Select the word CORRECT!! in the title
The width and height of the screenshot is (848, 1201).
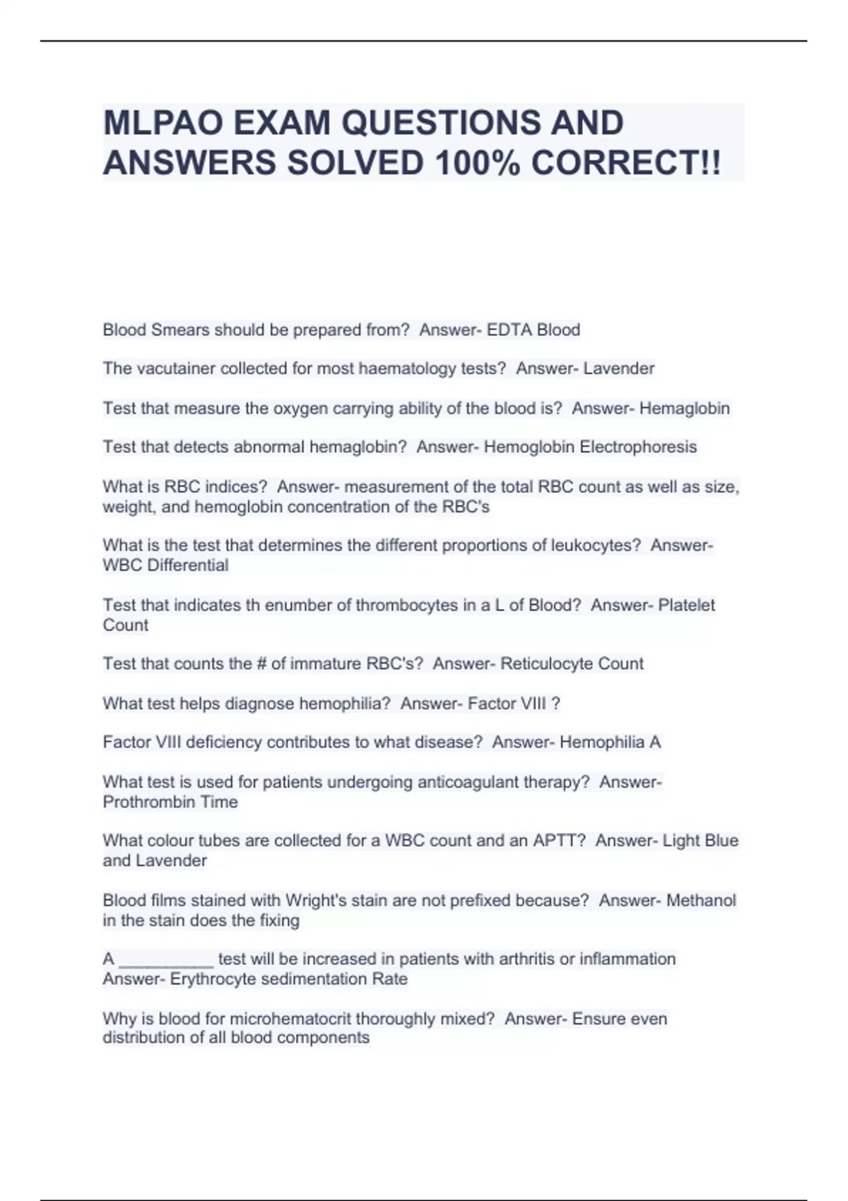tap(626, 163)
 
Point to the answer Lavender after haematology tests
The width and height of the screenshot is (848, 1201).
tap(619, 369)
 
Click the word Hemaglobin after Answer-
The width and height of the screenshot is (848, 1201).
tap(684, 408)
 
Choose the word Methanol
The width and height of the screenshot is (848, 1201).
tap(701, 901)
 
